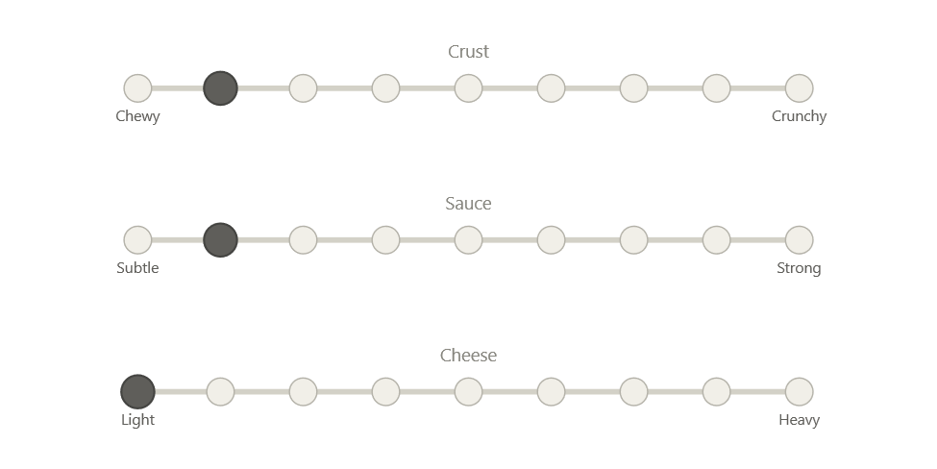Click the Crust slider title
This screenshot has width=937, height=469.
[469, 52]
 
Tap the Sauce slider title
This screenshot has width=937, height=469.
[469, 204]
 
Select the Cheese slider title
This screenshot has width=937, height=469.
[469, 356]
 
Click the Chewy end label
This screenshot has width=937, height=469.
[137, 116]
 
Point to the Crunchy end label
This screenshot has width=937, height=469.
[800, 116]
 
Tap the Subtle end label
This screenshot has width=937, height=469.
[137, 268]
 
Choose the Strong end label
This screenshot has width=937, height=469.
[800, 268]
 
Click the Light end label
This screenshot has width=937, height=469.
[137, 420]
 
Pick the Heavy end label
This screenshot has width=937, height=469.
[800, 420]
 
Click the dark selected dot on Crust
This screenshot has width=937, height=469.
[220, 88]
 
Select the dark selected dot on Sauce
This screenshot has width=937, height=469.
[220, 240]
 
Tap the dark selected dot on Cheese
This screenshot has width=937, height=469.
[137, 392]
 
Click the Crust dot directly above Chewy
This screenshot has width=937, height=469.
[137, 88]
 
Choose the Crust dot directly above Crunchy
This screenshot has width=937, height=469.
[800, 88]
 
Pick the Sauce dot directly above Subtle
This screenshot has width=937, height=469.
[137, 240]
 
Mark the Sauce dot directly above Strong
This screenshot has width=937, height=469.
[800, 240]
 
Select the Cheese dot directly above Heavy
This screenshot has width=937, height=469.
[800, 392]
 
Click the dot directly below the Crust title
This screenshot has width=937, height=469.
[469, 88]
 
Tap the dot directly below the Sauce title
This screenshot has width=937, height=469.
[469, 240]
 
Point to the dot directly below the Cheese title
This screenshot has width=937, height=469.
[469, 392]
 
